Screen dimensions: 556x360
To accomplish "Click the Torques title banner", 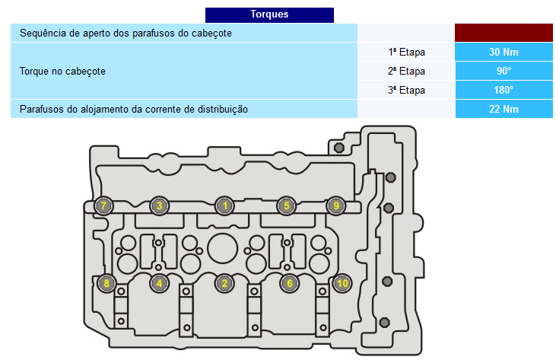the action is [269, 15].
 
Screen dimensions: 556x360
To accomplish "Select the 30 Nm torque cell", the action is [504, 53].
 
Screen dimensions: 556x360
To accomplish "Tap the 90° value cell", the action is [504, 71].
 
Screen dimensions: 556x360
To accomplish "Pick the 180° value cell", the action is [504, 90].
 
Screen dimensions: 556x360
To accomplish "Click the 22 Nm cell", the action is [504, 109].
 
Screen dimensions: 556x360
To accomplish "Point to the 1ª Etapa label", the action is [406, 53].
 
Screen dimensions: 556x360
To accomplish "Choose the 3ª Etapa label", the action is [406, 90].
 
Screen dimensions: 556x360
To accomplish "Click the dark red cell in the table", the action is [504, 33].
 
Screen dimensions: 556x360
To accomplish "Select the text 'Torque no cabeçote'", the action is [62, 72].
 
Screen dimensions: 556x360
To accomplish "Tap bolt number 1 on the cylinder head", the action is [224, 205].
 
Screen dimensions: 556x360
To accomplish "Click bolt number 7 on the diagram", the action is [103, 205].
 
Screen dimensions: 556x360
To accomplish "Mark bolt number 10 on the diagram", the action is [342, 283].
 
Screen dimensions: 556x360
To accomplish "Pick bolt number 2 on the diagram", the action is [224, 283].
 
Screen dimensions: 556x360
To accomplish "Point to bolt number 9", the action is [335, 205].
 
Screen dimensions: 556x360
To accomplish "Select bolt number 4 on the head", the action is [159, 283].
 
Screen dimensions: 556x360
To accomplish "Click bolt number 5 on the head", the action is [286, 205].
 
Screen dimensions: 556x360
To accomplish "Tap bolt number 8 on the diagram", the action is [106, 283].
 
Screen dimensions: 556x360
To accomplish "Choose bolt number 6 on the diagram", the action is [289, 283].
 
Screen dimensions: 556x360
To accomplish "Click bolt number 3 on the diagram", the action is [159, 205].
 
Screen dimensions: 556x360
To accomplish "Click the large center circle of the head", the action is [223, 248].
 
